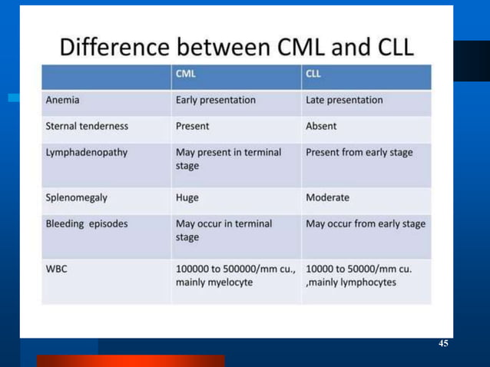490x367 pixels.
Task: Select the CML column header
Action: (x=185, y=76)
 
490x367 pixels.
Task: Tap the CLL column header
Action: (x=313, y=76)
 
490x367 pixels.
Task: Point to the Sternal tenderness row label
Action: (x=87, y=126)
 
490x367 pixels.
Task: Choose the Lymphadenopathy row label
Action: (x=86, y=152)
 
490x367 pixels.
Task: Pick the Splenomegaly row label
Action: (x=77, y=197)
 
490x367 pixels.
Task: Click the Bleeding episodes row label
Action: (x=86, y=223)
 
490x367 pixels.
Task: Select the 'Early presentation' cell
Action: (x=216, y=100)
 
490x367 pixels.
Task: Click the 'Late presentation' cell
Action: (x=344, y=100)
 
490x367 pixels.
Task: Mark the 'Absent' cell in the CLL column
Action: (x=321, y=126)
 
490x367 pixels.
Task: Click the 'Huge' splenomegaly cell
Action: (x=187, y=197)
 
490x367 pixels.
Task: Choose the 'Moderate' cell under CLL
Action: (x=328, y=197)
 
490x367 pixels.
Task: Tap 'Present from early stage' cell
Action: (x=359, y=152)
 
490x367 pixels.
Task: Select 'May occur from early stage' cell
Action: (x=366, y=223)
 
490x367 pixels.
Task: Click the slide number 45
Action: (x=443, y=343)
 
